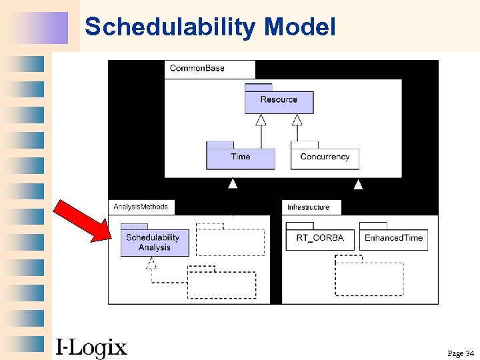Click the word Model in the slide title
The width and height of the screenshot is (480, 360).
click(299, 27)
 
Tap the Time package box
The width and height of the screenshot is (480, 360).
click(240, 157)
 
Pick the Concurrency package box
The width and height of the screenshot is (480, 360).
click(325, 157)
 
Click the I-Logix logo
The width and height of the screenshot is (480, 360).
click(91, 347)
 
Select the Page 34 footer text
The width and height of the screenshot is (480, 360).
click(460, 353)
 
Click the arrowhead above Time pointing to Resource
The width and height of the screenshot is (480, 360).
click(261, 120)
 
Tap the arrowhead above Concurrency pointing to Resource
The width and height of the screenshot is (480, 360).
click(297, 120)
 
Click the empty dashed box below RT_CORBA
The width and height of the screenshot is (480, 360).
click(369, 279)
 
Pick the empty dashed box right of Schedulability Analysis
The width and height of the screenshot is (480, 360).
click(230, 241)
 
